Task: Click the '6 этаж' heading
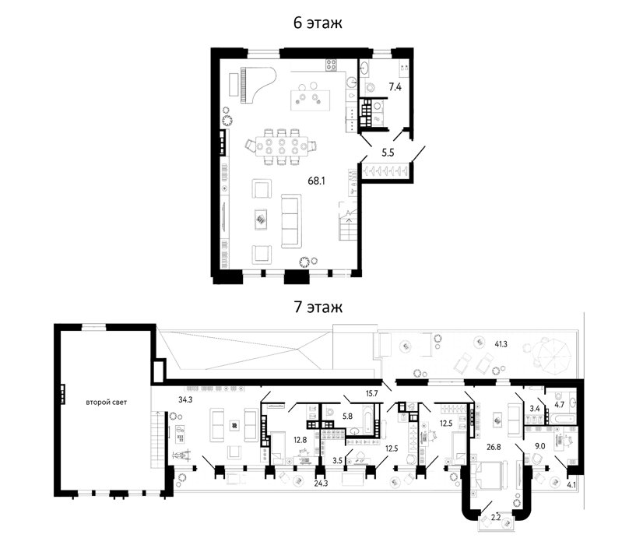click(x=318, y=23)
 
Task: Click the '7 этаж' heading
click(x=318, y=307)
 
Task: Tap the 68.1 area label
click(x=316, y=181)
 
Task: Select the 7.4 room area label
click(x=395, y=87)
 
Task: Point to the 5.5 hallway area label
click(x=388, y=153)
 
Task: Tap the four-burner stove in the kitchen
click(x=332, y=65)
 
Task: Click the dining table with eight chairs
click(x=282, y=147)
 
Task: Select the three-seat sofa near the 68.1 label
click(x=291, y=221)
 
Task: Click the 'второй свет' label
click(x=107, y=403)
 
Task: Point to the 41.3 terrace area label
click(x=501, y=344)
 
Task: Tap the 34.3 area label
click(x=185, y=399)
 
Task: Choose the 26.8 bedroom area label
click(x=494, y=447)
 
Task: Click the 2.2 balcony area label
click(x=496, y=517)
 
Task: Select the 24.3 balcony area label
click(x=321, y=483)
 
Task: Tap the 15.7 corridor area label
click(x=371, y=393)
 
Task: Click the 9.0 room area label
click(x=539, y=447)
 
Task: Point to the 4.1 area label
click(x=571, y=484)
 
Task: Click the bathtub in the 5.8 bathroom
click(x=367, y=421)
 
